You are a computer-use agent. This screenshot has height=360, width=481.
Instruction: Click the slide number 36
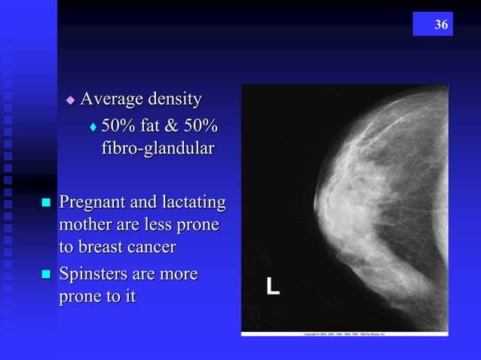(441, 25)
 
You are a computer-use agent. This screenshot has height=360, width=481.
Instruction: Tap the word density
(176, 99)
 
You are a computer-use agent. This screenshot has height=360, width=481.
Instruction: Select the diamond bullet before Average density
(71, 99)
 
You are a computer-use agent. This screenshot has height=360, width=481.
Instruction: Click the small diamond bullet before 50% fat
(93, 125)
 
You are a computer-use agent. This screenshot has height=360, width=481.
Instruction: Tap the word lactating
(192, 203)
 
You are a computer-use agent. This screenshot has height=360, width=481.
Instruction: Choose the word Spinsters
(96, 274)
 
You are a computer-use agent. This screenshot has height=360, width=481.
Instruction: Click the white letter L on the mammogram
(272, 286)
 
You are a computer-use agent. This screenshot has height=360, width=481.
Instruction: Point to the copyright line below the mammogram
(344, 333)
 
